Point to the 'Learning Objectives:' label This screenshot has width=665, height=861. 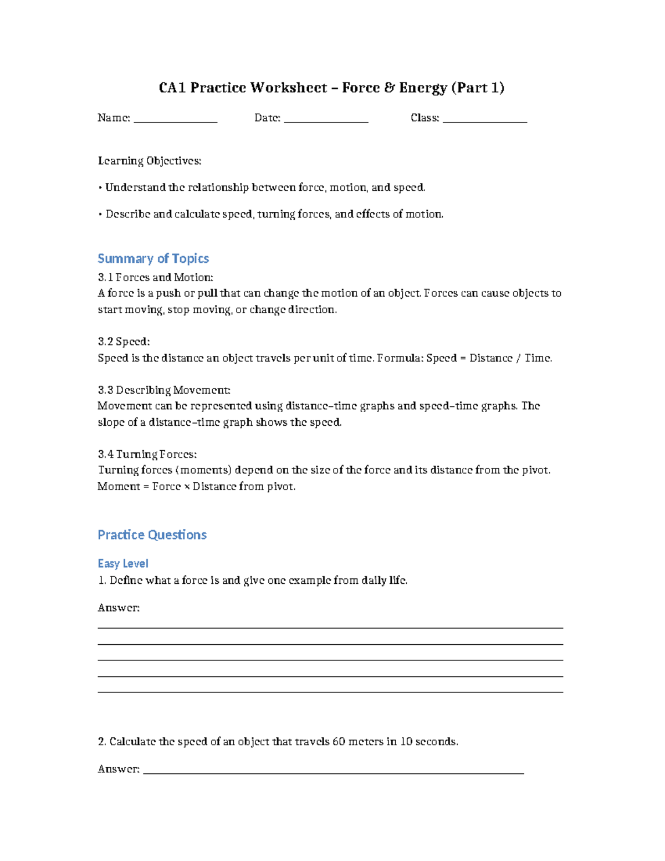(x=150, y=161)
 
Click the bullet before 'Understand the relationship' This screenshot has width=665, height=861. (x=100, y=188)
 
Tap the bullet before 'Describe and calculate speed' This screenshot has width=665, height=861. (x=100, y=215)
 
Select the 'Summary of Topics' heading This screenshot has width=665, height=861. (x=153, y=258)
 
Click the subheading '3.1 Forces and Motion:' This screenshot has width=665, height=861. (x=155, y=277)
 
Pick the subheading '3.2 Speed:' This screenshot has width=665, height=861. (x=124, y=342)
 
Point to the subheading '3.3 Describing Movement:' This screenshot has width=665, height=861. (x=163, y=390)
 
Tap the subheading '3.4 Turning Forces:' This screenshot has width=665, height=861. (x=147, y=454)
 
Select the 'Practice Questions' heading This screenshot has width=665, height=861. (x=152, y=534)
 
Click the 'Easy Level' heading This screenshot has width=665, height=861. (x=123, y=563)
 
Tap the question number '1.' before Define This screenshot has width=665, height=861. (x=102, y=580)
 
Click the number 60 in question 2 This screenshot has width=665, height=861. (x=339, y=742)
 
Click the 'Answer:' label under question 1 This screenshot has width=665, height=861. (x=119, y=608)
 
